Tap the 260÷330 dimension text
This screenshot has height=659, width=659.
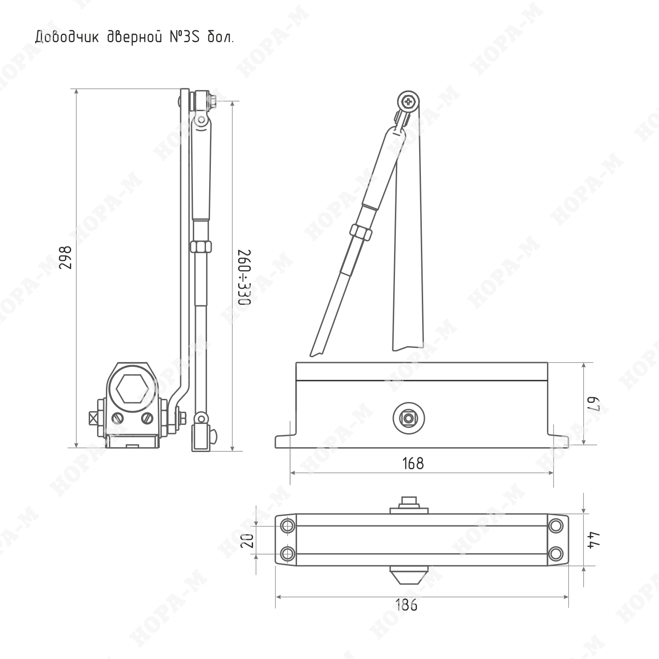(244, 277)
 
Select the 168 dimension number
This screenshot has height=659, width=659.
(413, 463)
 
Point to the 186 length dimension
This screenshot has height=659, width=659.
(406, 605)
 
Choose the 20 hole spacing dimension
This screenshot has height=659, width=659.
(249, 540)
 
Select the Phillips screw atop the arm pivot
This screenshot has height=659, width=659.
(409, 102)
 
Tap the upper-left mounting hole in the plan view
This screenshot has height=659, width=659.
(288, 526)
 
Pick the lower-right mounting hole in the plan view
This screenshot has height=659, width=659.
(556, 553)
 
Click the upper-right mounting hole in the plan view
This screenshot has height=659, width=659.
(556, 526)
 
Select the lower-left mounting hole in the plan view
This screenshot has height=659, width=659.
(288, 553)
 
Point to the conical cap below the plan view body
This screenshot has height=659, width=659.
(409, 576)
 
